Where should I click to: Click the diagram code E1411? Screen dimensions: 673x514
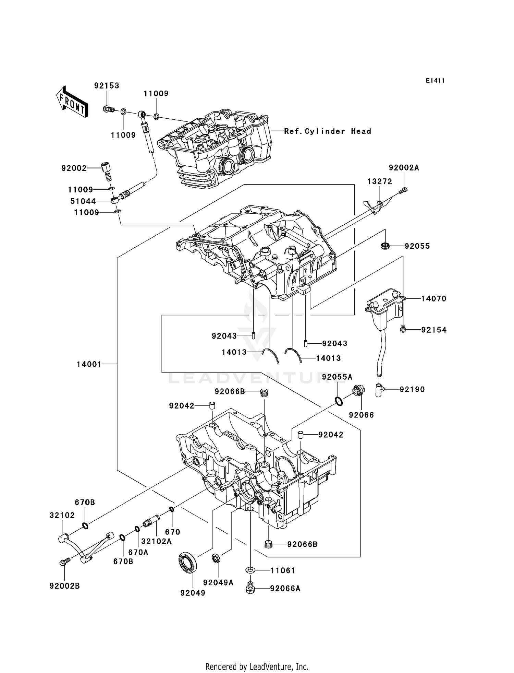(435, 81)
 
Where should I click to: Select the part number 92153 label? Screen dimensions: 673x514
(107, 85)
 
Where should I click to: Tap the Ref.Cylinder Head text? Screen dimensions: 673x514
(328, 131)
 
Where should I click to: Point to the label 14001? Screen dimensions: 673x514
(89, 364)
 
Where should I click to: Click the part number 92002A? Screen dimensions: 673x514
(404, 168)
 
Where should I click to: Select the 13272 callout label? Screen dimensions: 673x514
(380, 181)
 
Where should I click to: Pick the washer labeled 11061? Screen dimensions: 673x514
(250, 570)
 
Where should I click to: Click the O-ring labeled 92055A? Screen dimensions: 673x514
(339, 401)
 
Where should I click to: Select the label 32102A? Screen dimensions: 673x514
(156, 541)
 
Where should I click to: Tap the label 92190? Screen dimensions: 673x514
(412, 389)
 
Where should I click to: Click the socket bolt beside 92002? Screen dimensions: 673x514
(107, 172)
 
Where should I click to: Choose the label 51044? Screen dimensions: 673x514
(83, 201)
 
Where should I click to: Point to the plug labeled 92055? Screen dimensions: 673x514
(386, 246)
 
